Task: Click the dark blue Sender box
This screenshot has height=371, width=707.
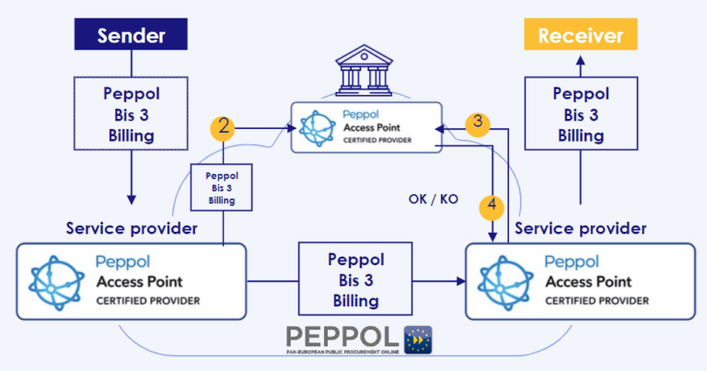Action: tap(132, 36)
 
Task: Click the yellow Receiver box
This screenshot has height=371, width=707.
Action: tap(580, 37)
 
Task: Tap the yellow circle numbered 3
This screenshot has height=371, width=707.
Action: tap(477, 124)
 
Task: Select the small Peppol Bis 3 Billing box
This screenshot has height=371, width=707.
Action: tap(222, 187)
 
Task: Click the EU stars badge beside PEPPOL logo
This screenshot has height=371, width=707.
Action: tap(419, 340)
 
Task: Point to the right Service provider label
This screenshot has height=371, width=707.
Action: tap(580, 227)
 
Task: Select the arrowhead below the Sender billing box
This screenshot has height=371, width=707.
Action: tap(132, 198)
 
